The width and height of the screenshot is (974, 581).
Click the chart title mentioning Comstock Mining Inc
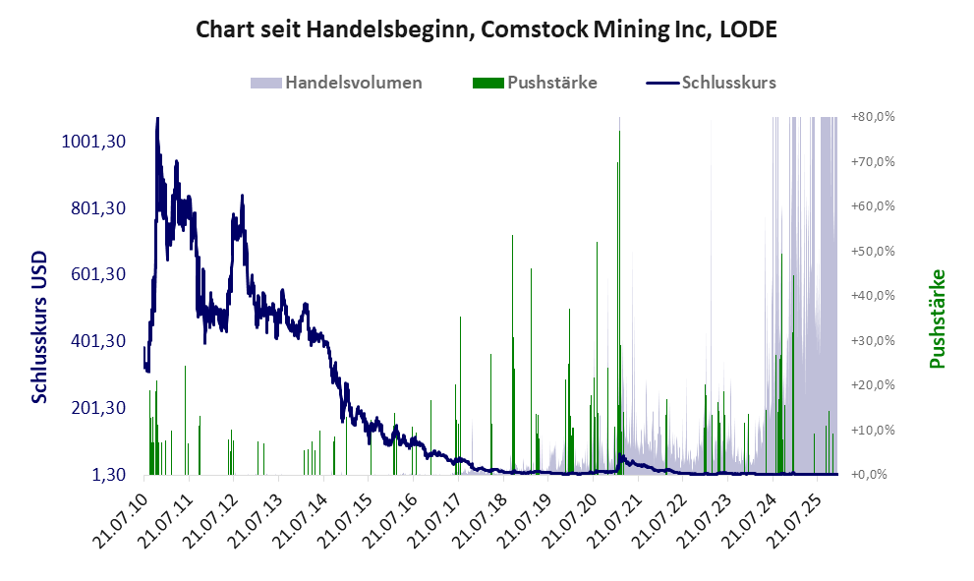pyautogui.click(x=487, y=30)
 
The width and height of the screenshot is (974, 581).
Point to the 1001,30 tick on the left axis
pyautogui.click(x=93, y=142)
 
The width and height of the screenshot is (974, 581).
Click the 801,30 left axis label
pyautogui.click(x=98, y=208)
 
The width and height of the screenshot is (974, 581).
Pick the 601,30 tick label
pyautogui.click(x=98, y=274)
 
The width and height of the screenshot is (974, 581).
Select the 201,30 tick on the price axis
pyautogui.click(x=98, y=408)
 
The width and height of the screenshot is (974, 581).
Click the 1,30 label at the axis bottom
pyautogui.click(x=109, y=475)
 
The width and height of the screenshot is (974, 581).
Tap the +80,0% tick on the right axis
pyautogui.click(x=872, y=117)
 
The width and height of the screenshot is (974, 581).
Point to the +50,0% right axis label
pyautogui.click(x=872, y=251)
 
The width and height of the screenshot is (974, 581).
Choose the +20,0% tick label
pyautogui.click(x=872, y=385)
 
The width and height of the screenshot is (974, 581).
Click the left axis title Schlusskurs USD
pyautogui.click(x=40, y=324)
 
